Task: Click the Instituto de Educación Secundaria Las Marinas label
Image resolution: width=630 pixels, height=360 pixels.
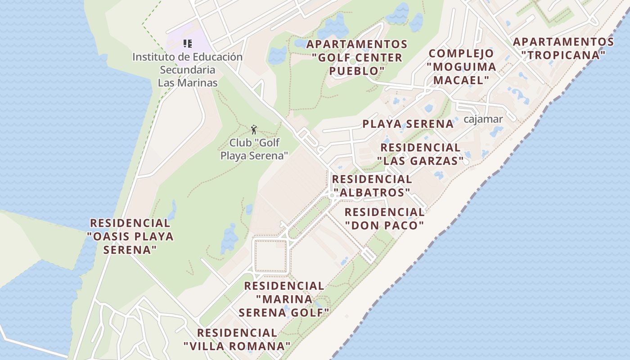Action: [x=187, y=70]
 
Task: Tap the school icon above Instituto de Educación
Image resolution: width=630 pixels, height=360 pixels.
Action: [x=188, y=44]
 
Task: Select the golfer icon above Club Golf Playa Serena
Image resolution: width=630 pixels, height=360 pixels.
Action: [x=254, y=130]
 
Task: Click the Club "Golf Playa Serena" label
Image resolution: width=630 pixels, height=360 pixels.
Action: [x=254, y=149]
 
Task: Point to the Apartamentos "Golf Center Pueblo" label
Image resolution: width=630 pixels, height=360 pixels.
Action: [x=357, y=58]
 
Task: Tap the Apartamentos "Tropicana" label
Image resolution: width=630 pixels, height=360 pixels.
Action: [x=563, y=49]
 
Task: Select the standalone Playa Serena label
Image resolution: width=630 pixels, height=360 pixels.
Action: [x=408, y=124]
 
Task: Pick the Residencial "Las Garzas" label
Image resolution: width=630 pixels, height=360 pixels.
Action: [x=420, y=154]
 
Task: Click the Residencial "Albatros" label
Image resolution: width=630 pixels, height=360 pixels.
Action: [x=372, y=185]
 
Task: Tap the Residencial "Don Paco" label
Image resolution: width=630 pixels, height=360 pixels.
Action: [x=384, y=218]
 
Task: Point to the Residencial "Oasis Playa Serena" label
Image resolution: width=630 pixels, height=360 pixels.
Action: [x=130, y=236]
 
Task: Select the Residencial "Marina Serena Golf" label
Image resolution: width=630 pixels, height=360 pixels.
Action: [x=284, y=299]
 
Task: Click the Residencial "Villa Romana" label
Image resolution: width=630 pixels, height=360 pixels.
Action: [x=237, y=339]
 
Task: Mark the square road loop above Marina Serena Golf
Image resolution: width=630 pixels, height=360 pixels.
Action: [x=271, y=256]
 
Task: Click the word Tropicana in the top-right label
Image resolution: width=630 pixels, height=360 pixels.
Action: [x=563, y=55]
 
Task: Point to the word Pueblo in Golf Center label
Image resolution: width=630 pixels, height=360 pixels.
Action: [x=357, y=71]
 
